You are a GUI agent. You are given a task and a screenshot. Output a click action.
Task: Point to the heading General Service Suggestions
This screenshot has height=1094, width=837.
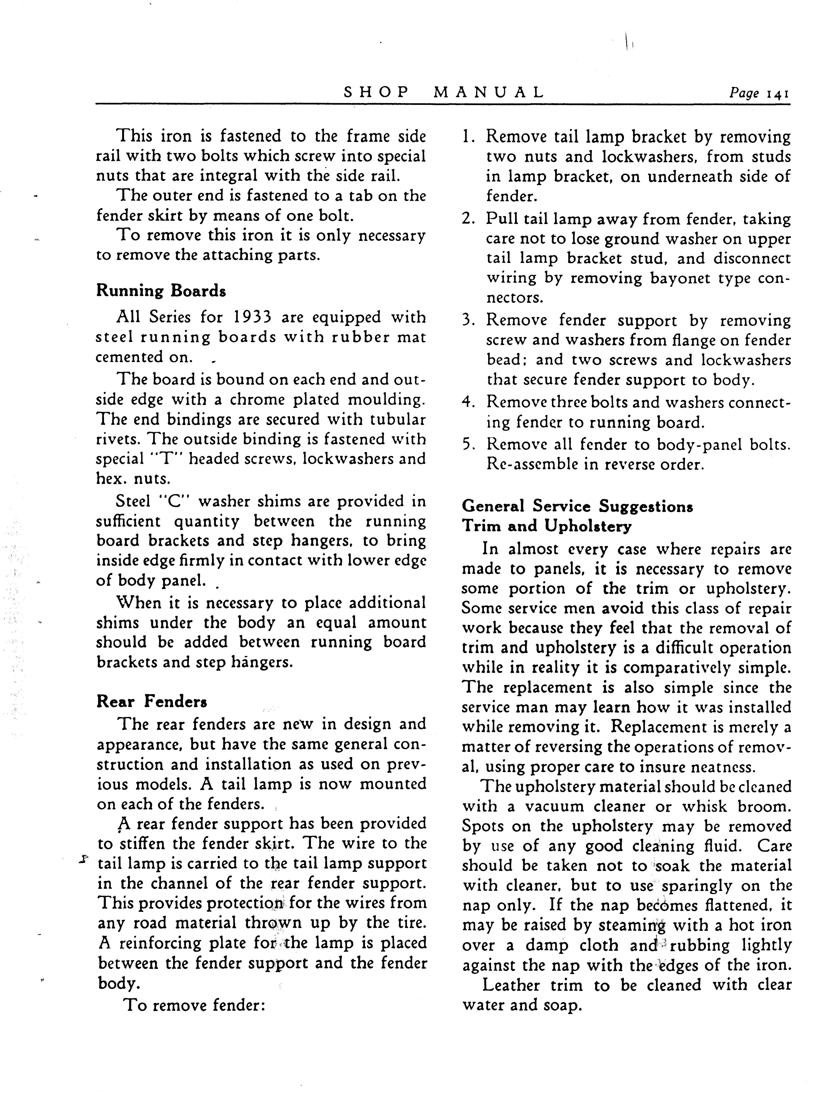(577, 506)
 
